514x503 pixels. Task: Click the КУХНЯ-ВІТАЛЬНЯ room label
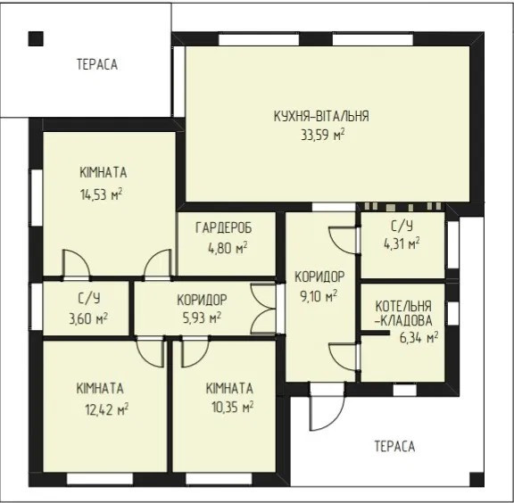[321, 116]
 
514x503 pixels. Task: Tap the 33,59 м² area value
[323, 135]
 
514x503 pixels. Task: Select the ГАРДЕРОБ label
[224, 227]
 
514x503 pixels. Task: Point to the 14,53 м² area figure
[102, 194]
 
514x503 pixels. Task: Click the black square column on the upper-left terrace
[36, 38]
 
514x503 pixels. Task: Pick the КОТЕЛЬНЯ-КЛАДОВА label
[403, 314]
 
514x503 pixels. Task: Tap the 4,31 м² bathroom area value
[402, 243]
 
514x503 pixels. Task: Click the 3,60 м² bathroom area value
[88, 318]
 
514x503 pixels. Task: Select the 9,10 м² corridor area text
[319, 297]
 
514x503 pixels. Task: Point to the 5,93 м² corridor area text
[202, 317]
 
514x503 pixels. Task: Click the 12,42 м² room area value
[107, 409]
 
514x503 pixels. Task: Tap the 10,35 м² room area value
[232, 408]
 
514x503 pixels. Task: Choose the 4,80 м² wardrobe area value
[228, 249]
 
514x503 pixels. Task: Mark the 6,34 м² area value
[419, 337]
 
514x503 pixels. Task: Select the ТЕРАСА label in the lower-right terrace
[394, 447]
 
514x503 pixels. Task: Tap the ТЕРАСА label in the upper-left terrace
[97, 64]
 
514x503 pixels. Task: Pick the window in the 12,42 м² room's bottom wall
[100, 479]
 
